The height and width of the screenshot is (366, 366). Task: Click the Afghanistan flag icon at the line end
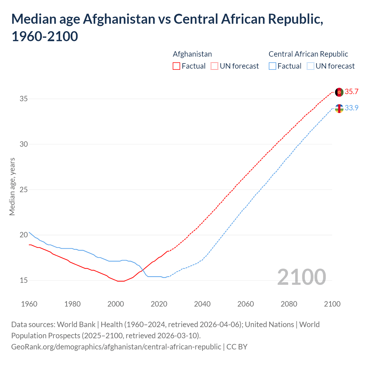[x=339, y=92]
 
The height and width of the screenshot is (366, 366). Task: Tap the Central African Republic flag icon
[x=339, y=109]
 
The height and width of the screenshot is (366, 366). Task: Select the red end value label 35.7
[x=351, y=92]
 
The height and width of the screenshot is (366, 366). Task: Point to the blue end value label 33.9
[x=351, y=108]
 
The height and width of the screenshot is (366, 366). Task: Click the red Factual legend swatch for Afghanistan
[x=176, y=66]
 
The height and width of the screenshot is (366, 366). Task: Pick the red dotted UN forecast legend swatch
[x=214, y=66]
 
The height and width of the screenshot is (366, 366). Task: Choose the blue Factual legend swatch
[x=272, y=66]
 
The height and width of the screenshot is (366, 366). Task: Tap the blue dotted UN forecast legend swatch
[x=310, y=66]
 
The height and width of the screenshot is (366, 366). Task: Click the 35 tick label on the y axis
[x=24, y=99]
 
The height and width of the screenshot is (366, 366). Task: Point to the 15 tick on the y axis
[x=24, y=281]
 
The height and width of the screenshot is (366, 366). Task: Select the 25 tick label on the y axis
[x=24, y=190]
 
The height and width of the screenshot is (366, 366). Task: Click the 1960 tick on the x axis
[x=29, y=304]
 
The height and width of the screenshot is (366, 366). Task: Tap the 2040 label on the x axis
[x=202, y=304]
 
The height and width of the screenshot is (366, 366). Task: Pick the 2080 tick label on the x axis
[x=289, y=304]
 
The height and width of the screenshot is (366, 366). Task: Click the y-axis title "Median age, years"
[x=12, y=186]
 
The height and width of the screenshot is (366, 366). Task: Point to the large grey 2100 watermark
[x=301, y=277]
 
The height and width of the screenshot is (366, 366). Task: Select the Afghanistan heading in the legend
[x=192, y=54]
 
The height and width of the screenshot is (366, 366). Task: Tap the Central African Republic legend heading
[x=308, y=54]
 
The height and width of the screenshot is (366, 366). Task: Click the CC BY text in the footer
[x=237, y=347]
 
